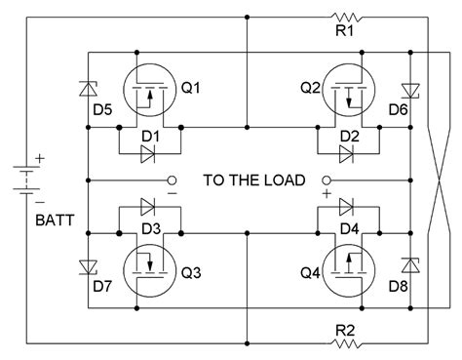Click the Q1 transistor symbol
point(149,89)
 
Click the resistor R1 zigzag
point(345,18)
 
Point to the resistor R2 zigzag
point(345,342)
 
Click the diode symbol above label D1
point(148,153)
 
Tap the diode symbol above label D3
point(148,207)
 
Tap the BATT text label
point(28,221)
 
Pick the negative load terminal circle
point(172,180)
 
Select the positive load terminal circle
point(325,180)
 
